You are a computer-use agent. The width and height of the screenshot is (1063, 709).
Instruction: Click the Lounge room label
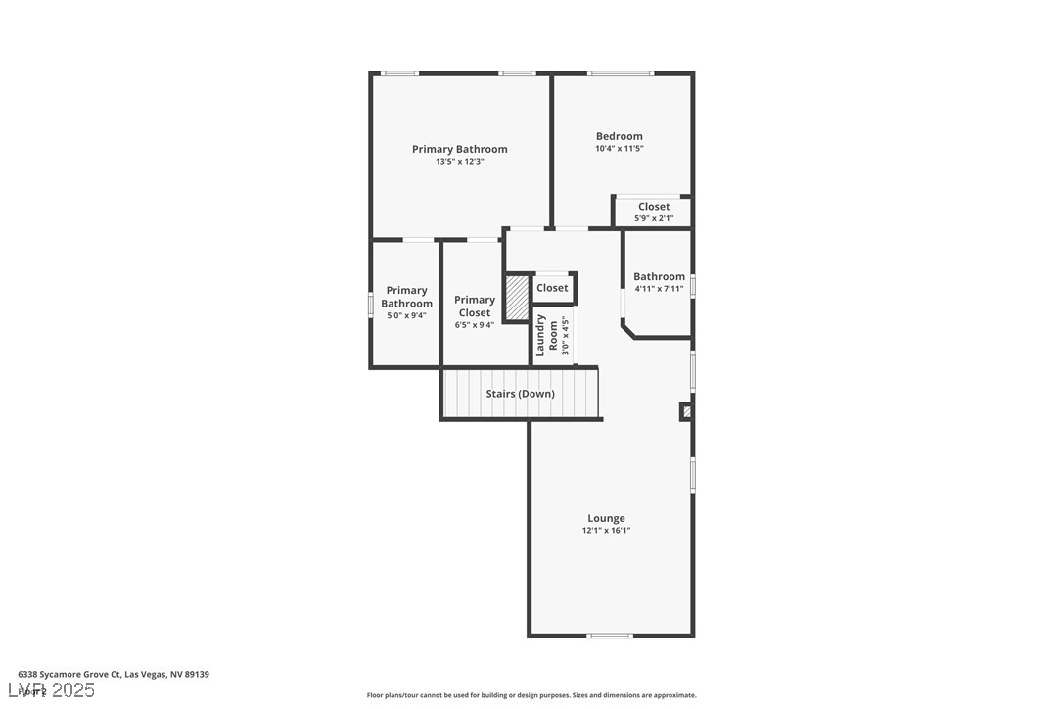click(606, 518)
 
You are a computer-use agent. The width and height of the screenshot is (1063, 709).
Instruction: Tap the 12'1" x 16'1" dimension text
click(606, 531)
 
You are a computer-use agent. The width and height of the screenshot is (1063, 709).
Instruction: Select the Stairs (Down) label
click(520, 394)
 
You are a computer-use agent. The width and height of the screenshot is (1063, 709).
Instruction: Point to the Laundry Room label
click(546, 335)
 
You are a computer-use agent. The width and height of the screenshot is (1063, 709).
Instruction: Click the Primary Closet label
click(474, 307)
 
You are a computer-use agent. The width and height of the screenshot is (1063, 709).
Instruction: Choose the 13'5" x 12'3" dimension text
click(459, 162)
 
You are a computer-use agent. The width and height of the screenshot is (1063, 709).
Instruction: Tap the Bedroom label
click(620, 136)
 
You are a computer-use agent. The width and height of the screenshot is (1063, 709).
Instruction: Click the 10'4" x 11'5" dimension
click(620, 149)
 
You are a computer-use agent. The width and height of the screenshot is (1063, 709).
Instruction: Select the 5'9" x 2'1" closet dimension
click(654, 218)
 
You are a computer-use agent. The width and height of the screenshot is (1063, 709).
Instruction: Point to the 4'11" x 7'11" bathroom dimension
click(659, 289)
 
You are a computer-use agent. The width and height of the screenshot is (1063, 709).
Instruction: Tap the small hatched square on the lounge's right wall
click(687, 412)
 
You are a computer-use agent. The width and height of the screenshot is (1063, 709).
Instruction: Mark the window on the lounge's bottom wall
click(610, 636)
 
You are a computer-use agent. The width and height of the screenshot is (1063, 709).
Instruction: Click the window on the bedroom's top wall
click(621, 73)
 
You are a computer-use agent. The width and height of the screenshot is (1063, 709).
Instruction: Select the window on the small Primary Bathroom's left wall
click(370, 305)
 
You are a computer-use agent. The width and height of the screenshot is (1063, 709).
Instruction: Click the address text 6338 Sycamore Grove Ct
click(114, 674)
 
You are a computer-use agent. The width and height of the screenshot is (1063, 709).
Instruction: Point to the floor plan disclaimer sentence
click(531, 695)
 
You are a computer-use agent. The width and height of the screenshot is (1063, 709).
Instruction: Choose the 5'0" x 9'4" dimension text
click(405, 315)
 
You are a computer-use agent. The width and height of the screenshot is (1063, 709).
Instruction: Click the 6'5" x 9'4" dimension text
click(474, 325)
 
